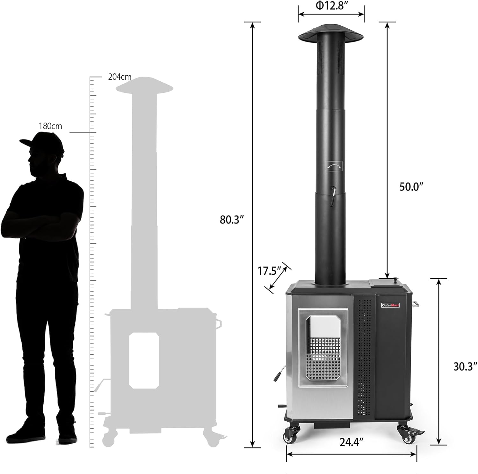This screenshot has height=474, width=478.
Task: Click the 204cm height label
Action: click(119, 77)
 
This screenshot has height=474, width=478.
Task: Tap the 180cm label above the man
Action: click(50, 126)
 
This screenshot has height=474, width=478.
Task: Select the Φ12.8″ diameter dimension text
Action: click(331, 6)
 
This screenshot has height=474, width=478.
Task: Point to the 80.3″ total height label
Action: click(232, 220)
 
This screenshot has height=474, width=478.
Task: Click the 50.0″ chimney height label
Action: click(411, 187)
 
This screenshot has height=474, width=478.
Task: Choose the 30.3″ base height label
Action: click(465, 366)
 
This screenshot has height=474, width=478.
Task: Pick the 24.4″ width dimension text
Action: click(351, 442)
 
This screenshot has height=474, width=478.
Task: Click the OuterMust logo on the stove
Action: click(390, 305)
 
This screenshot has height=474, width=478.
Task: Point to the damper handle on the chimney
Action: click(332, 196)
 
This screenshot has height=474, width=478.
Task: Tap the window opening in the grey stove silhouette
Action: click(144, 360)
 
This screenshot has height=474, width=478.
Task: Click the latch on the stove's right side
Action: click(415, 304)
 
